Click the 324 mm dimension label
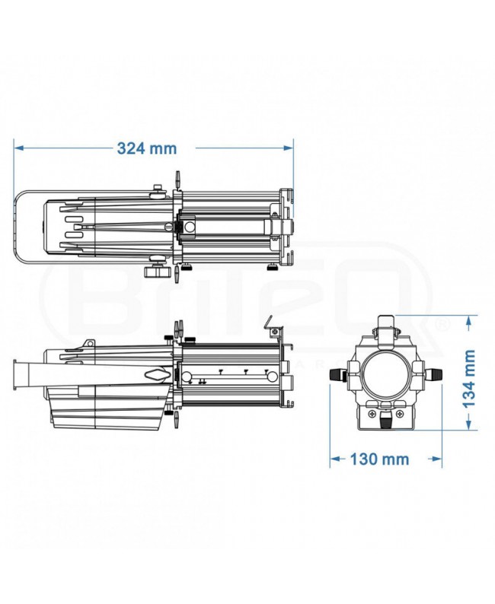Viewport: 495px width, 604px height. (146, 148)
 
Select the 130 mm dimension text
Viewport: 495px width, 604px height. (379, 459)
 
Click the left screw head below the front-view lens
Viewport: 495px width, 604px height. (371, 414)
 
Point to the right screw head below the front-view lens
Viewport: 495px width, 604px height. (401, 414)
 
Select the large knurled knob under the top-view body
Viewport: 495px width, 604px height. (158, 270)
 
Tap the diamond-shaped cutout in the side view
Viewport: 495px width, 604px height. (156, 375)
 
